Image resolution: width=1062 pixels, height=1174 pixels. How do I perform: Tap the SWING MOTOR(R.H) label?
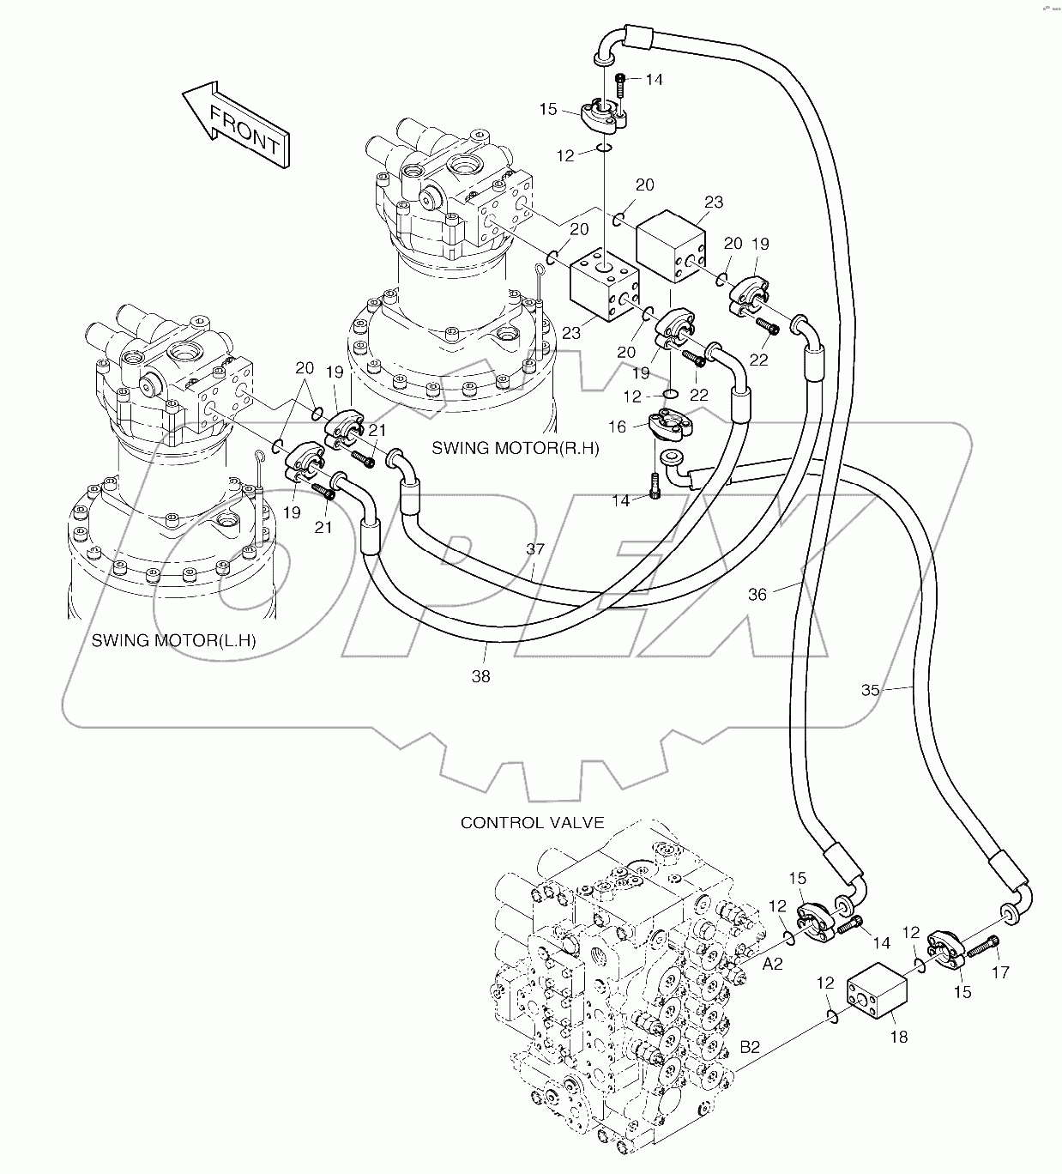click(x=516, y=448)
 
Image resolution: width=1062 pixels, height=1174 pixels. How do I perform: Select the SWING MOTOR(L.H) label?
click(x=173, y=640)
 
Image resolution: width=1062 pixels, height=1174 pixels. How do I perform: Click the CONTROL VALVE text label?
click(x=533, y=822)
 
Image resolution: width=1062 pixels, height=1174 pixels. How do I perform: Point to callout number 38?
click(x=481, y=676)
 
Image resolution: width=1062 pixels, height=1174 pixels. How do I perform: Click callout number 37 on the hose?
click(x=535, y=549)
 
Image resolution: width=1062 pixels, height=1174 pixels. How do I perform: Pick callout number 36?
click(x=757, y=593)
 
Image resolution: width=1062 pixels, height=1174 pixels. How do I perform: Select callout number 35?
click(x=871, y=689)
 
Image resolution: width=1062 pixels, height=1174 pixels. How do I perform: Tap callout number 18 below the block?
click(x=898, y=1038)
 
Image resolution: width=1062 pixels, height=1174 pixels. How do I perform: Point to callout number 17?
click(x=1001, y=972)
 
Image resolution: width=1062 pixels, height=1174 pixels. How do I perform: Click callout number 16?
click(x=618, y=426)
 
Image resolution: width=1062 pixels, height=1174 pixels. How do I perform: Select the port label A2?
click(x=773, y=965)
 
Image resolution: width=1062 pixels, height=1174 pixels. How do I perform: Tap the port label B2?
click(x=750, y=1047)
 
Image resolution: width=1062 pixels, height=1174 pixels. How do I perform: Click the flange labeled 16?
click(x=674, y=425)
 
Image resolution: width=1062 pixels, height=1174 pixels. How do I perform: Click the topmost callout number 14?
click(x=654, y=80)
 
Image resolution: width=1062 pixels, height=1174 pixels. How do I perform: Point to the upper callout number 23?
click(x=714, y=203)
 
